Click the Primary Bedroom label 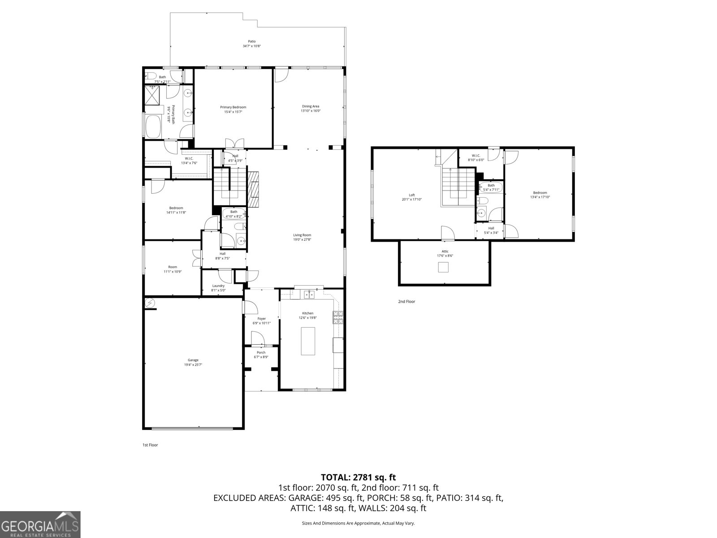[233, 107]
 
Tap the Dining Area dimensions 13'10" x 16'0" [310, 111]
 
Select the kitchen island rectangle [308, 341]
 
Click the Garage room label [193, 360]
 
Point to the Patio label [252, 41]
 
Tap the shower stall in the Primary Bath [152, 95]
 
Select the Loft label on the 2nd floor [411, 195]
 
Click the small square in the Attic [443, 267]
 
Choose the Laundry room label [218, 286]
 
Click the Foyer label [262, 319]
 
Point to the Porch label [261, 352]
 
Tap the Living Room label [302, 235]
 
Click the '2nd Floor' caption [406, 302]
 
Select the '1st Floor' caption [150, 445]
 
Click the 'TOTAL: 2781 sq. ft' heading [358, 477]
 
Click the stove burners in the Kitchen [337, 317]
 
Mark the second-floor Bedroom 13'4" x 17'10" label [540, 193]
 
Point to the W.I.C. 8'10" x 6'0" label [475, 156]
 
